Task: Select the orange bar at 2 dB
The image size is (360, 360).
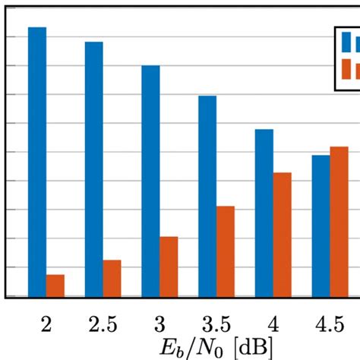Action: tap(55, 286)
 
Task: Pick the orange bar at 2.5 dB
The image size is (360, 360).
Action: tap(112, 278)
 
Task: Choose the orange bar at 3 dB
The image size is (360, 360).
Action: tap(169, 267)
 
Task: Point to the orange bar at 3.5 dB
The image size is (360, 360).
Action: tap(226, 251)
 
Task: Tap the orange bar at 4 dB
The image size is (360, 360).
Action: tap(282, 235)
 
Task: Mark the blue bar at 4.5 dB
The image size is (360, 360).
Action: tap(321, 226)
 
